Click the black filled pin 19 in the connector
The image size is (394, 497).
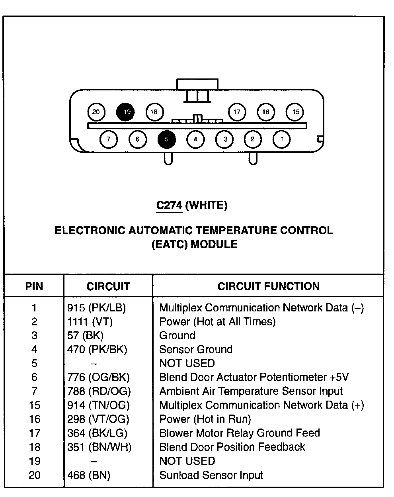pos(126,112)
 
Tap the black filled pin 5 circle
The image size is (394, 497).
pos(167,139)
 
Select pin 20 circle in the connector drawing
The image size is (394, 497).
pos(96,112)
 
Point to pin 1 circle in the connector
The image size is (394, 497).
pos(282,139)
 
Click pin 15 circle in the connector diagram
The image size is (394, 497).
pos(295,112)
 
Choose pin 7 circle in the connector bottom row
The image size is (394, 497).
pos(109,139)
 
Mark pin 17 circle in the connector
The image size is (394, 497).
pos(237,112)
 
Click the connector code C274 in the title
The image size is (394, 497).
pos(169,205)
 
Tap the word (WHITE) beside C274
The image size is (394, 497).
pos(207,205)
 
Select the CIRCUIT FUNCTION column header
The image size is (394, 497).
pos(268,286)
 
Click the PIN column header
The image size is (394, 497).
pos(34,287)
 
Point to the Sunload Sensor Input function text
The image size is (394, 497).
pos(211,475)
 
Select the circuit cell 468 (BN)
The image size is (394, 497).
pos(89,475)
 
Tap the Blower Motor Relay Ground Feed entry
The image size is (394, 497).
pos(240,433)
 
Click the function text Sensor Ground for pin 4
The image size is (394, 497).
pos(196,350)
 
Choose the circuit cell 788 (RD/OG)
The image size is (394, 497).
pos(99,391)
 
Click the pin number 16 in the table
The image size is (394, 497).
pos(35,419)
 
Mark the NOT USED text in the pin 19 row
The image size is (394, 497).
pos(187,461)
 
